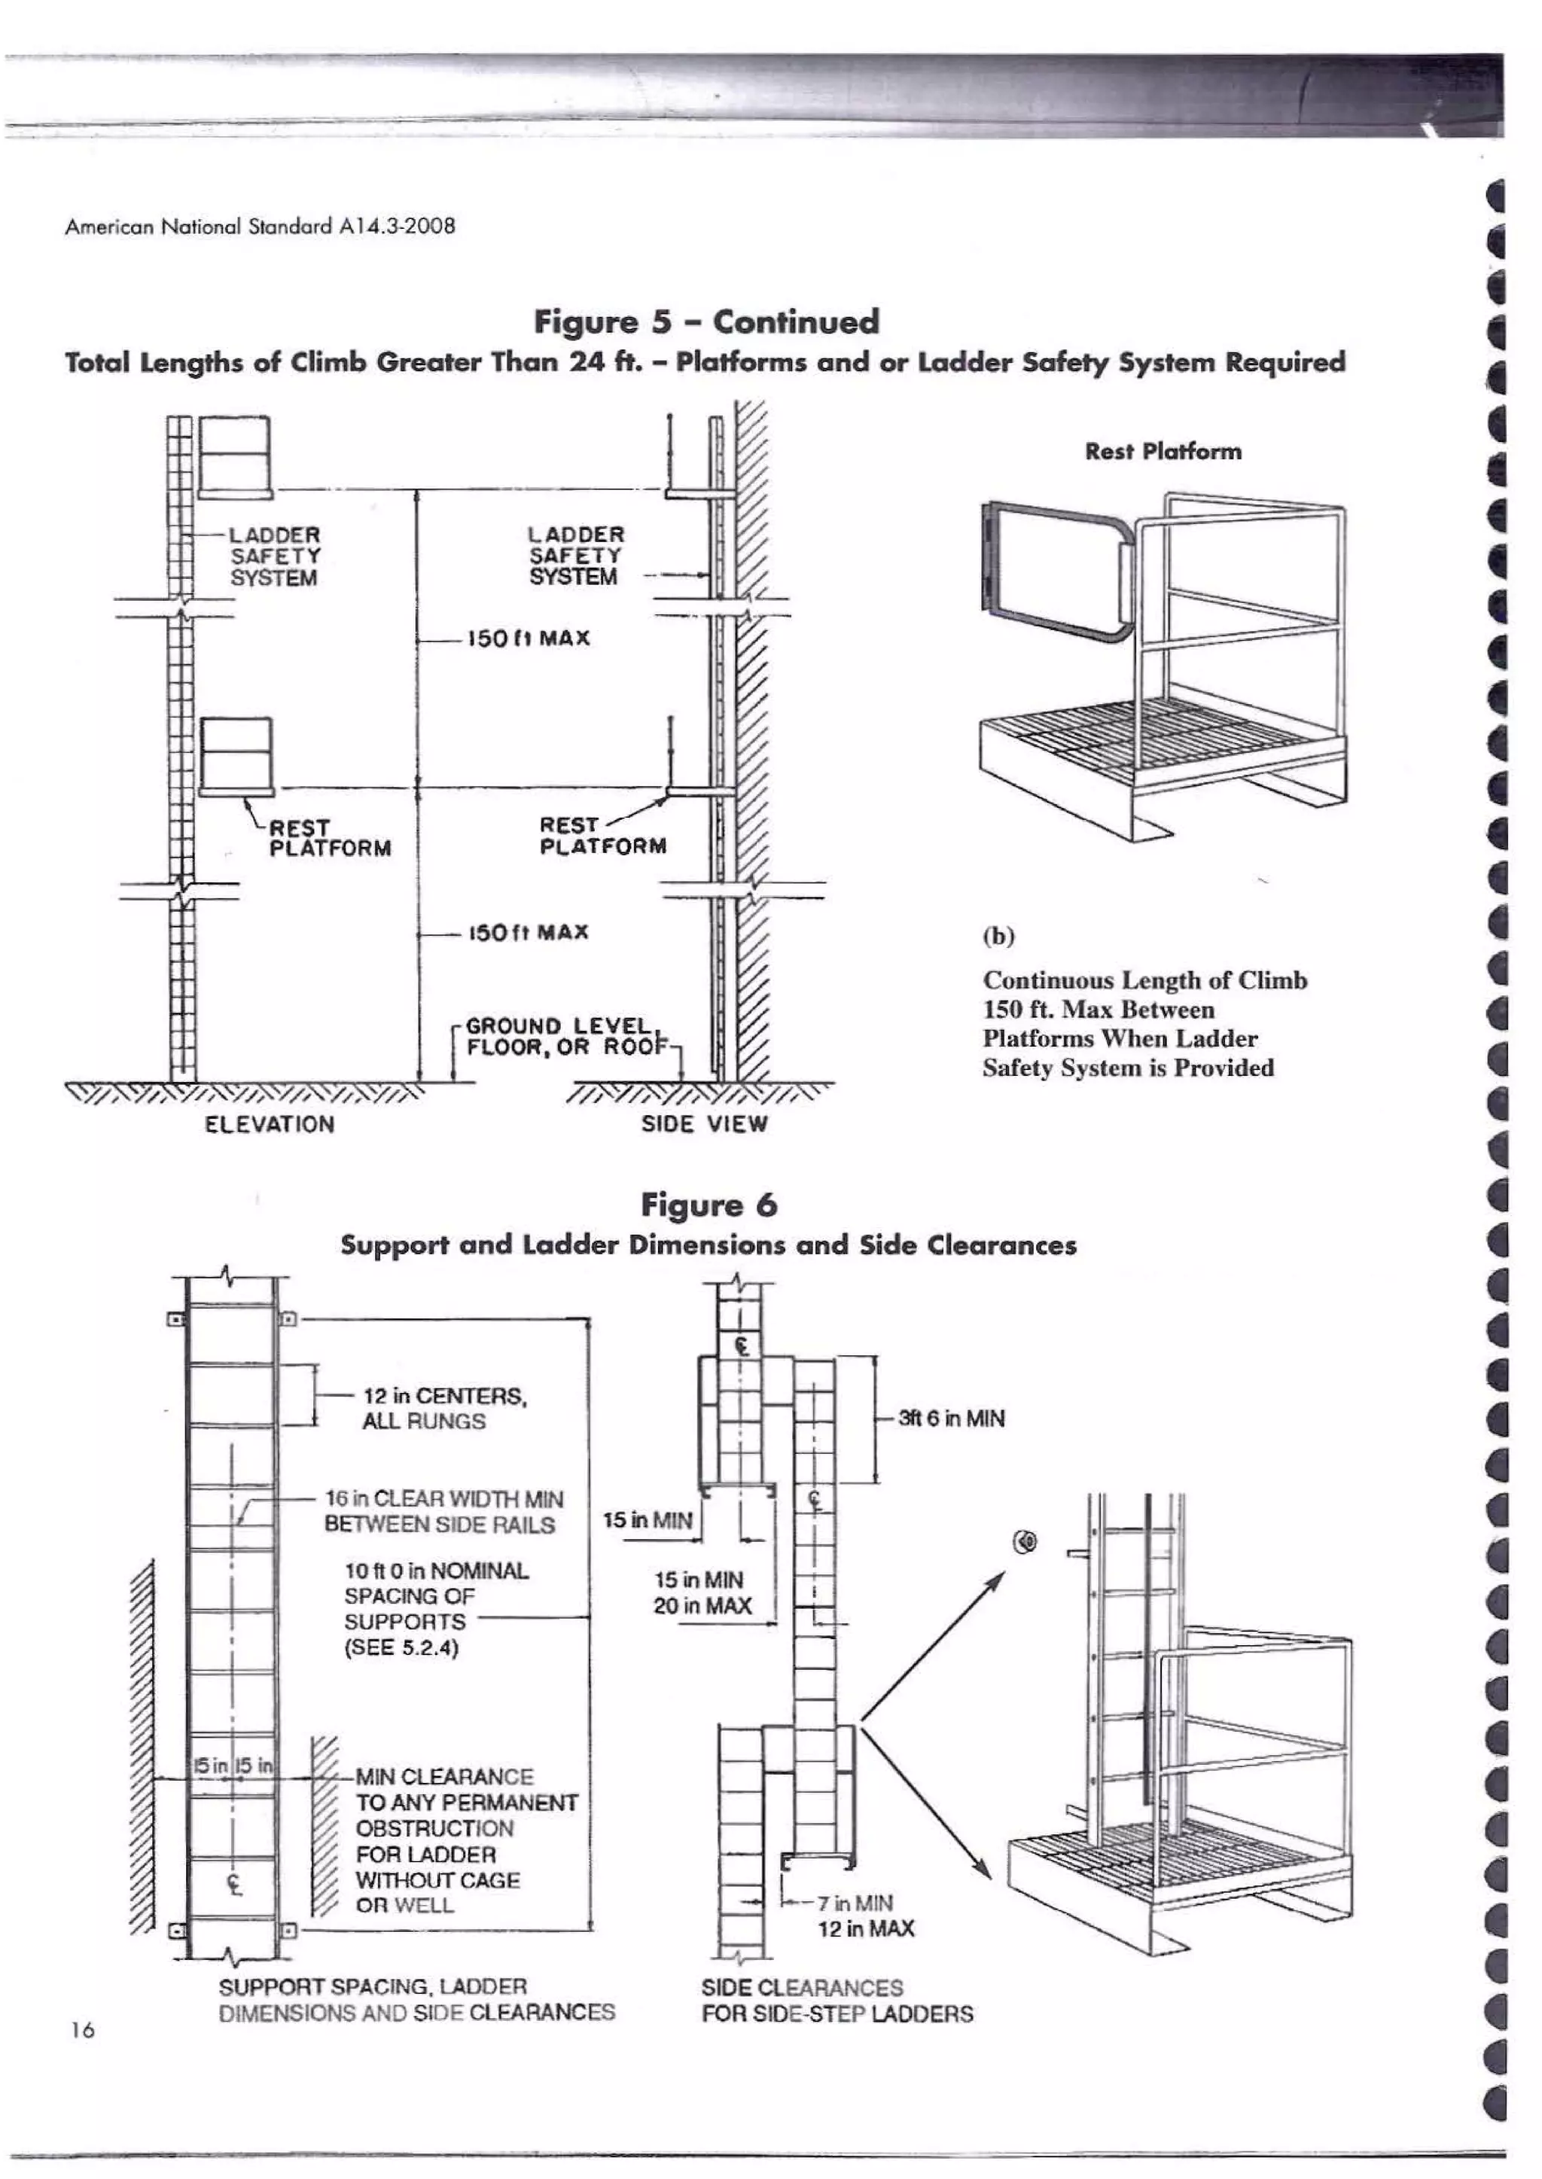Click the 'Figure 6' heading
[709, 1205]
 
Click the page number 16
[83, 2030]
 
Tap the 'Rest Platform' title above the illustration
[1163, 451]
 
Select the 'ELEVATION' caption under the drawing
[270, 1124]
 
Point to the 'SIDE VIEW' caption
[703, 1124]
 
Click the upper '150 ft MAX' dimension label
[527, 638]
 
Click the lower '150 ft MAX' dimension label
[527, 932]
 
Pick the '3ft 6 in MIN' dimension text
[952, 1419]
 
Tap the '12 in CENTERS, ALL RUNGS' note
[443, 1408]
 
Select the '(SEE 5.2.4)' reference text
[401, 1648]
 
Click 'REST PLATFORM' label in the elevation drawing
[328, 838]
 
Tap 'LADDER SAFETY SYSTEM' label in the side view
[574, 556]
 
